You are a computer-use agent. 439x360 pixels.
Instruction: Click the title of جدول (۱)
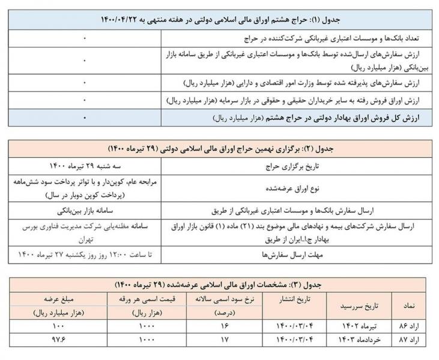(219, 20)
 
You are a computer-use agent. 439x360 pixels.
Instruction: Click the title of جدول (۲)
(219, 148)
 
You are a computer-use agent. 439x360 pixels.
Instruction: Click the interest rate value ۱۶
(225, 328)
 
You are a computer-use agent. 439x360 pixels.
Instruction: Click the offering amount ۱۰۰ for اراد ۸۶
(58, 328)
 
